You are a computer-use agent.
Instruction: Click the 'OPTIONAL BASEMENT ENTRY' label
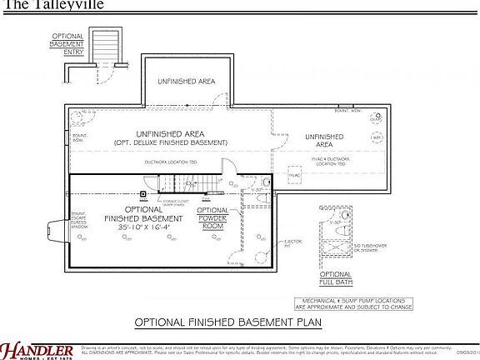click(x=67, y=44)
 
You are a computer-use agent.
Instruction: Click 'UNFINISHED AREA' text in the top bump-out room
click(x=187, y=81)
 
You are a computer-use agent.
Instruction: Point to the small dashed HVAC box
click(x=294, y=177)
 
